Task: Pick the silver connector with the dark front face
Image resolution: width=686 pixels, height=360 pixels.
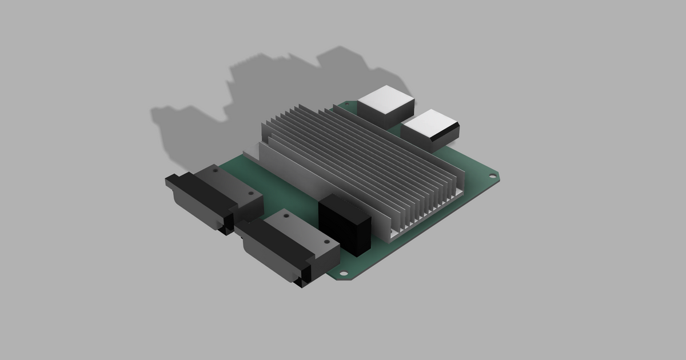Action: (430, 130)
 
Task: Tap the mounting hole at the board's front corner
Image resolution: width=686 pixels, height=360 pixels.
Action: (344, 273)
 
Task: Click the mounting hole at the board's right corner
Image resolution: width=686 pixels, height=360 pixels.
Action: (493, 177)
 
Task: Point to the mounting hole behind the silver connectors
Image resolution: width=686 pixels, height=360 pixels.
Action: (346, 106)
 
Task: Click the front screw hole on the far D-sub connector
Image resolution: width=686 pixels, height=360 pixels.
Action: (250, 194)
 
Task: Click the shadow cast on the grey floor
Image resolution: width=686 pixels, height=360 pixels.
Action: (229, 114)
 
